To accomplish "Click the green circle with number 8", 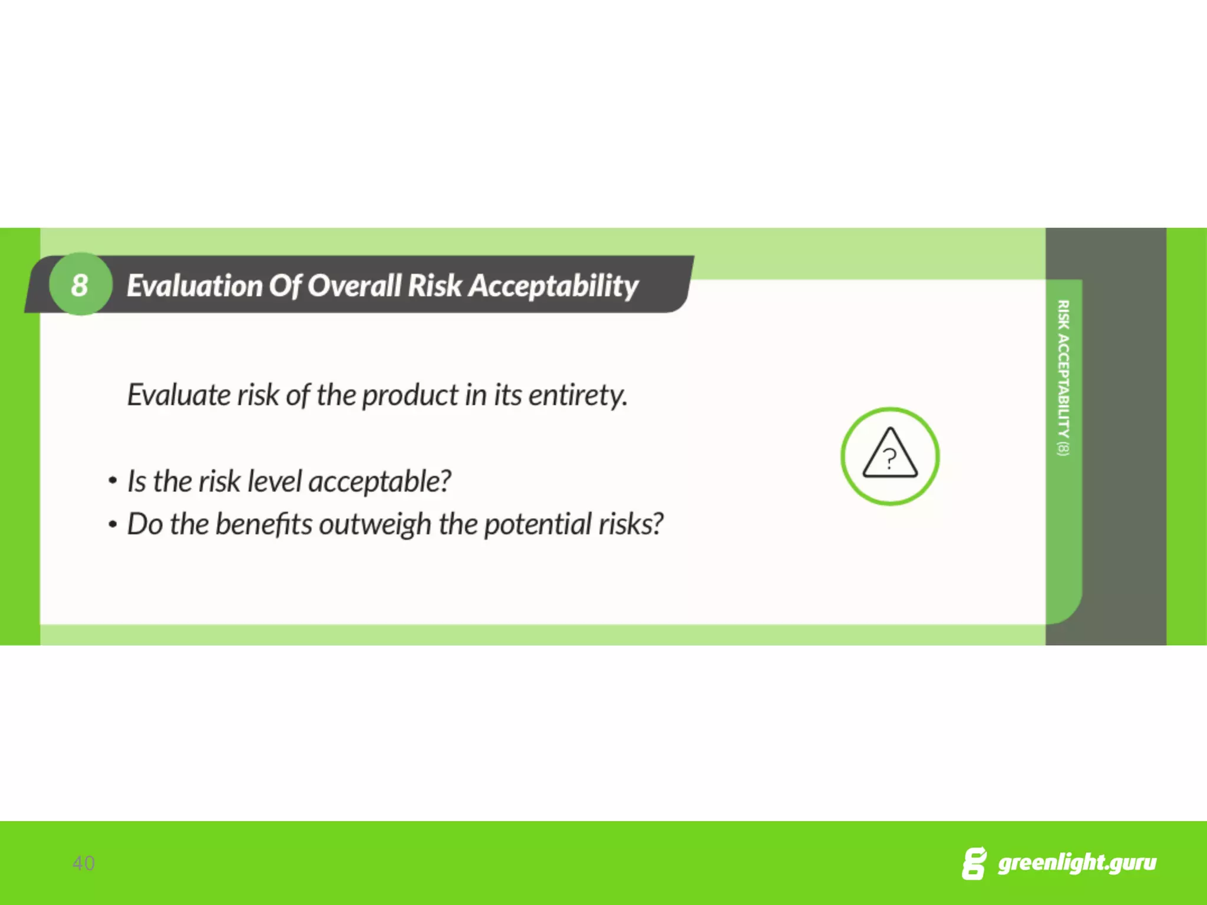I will point(80,285).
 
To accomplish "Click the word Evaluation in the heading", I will point(194,286).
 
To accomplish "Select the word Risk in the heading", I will point(435,286).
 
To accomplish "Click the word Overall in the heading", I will point(354,286).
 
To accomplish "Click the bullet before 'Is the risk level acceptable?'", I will point(113,481).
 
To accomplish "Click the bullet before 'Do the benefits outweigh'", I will point(113,524).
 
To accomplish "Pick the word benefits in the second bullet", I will point(263,524).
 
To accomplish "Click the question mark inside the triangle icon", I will point(890,458).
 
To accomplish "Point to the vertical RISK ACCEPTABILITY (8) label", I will point(1063,377).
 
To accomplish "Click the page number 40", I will point(83,863).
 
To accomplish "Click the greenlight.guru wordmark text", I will point(1077,863).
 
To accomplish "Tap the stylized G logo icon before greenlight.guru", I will point(974,864).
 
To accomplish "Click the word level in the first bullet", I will point(274,481).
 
